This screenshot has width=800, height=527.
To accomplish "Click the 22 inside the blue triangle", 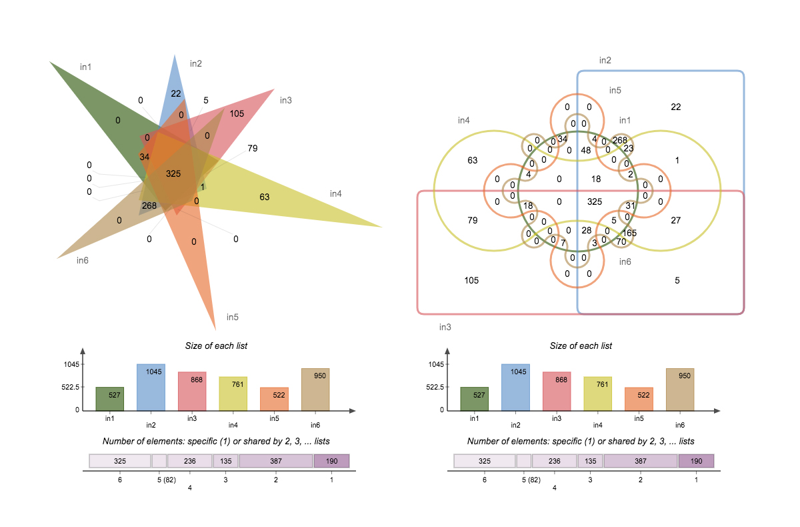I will (x=176, y=93).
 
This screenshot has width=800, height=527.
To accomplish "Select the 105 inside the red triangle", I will (x=237, y=113).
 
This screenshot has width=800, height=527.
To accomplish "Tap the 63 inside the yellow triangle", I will (x=265, y=197).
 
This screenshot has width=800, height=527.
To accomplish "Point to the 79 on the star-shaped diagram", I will (x=253, y=148).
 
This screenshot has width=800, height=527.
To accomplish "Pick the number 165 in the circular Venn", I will (x=629, y=233).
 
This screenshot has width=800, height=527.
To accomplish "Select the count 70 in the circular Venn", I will (x=621, y=241).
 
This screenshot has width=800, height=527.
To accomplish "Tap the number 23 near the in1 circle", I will (x=629, y=148).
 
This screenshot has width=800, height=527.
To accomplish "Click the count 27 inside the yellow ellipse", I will (x=675, y=220).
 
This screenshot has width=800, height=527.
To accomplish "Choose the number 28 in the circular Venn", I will (x=586, y=230).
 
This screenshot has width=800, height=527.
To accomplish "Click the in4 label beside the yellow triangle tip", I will (x=336, y=193).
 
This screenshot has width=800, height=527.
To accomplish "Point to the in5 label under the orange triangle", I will (x=233, y=317).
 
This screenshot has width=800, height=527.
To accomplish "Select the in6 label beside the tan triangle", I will (x=83, y=260).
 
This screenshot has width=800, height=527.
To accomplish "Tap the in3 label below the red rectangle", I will (x=445, y=327).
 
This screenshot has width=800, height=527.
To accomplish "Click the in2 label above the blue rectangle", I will (x=605, y=60).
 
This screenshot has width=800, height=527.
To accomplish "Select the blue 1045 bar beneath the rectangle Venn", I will (x=515, y=387).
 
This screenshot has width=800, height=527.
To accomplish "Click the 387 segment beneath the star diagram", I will (x=276, y=461).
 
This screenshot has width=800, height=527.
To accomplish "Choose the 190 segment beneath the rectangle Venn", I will (x=696, y=461).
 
